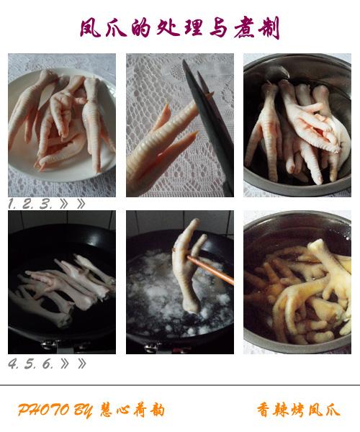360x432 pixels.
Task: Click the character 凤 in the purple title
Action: click(90, 28)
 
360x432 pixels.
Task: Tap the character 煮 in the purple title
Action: click(244, 28)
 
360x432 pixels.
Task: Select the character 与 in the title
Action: click(218, 28)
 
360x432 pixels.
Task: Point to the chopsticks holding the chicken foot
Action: click(210, 270)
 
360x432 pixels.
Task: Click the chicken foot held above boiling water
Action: click(188, 264)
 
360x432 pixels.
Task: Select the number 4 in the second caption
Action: click(13, 364)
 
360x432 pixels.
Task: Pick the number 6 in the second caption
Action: click(48, 364)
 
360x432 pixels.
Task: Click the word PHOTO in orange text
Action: click(43, 410)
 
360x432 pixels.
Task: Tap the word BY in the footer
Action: click(83, 410)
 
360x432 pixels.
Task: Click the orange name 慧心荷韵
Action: click(132, 410)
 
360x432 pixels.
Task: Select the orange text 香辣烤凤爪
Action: click(299, 410)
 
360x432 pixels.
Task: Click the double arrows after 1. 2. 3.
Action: click(72, 204)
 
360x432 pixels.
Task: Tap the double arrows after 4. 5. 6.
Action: click(73, 364)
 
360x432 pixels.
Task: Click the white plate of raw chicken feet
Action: click(62, 125)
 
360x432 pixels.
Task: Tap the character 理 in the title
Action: click(193, 28)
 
